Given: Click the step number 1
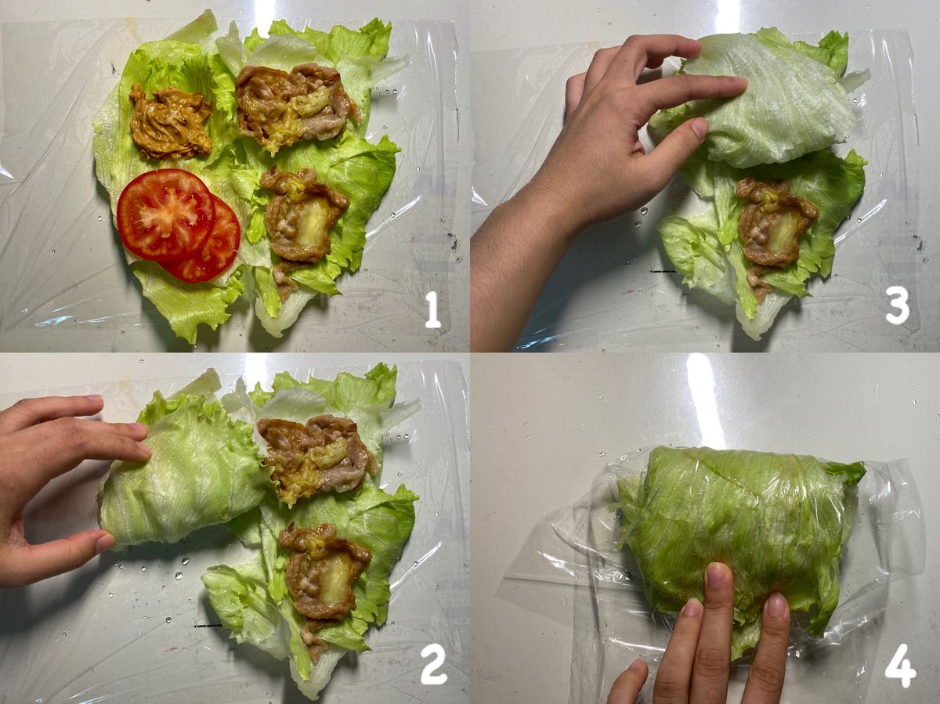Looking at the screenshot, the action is click(x=432, y=310).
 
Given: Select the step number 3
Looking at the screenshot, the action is click(x=897, y=305).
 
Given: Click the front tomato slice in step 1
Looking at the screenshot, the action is click(x=166, y=215).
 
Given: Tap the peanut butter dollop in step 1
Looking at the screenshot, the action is click(x=172, y=121).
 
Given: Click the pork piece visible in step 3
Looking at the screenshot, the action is click(x=773, y=227).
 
